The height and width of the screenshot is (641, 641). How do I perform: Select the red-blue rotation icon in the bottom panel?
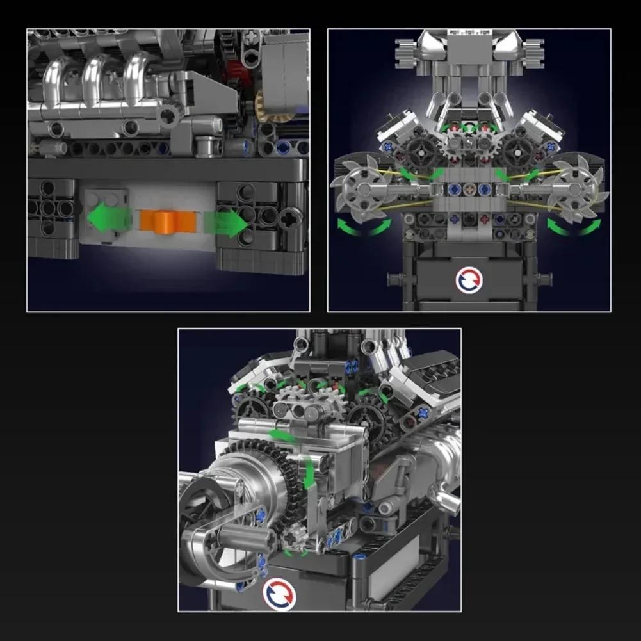tap(279, 593)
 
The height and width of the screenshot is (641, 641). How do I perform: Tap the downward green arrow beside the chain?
tap(310, 474)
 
